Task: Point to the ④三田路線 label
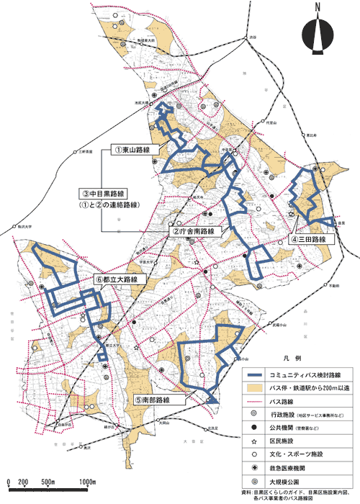click(x=310, y=239)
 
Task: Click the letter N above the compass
click(x=318, y=9)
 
